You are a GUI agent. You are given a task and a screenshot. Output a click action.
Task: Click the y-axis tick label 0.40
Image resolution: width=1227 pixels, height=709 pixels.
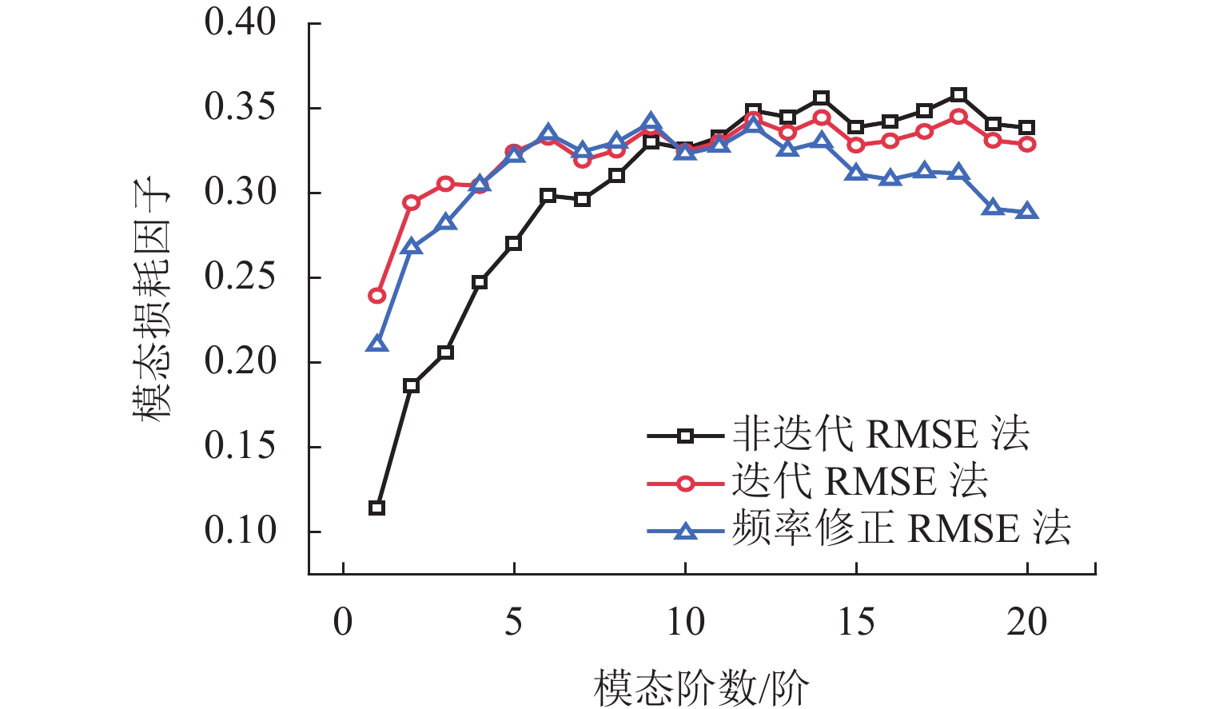[x=240, y=22]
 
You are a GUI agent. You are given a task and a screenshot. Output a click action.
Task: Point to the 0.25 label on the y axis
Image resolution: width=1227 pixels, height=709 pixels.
[x=240, y=277]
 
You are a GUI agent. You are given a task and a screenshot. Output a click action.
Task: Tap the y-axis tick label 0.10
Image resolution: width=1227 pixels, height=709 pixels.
[x=240, y=530]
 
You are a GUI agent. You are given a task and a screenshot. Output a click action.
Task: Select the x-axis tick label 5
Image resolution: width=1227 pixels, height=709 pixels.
[x=513, y=622]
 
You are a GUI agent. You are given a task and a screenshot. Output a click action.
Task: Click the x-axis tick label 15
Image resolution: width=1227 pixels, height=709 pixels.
[x=856, y=622]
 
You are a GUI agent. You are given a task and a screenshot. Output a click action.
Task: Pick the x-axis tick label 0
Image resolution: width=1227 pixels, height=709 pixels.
[x=342, y=622]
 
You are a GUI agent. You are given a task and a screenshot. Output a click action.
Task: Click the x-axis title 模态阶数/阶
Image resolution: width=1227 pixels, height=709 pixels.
[x=701, y=687]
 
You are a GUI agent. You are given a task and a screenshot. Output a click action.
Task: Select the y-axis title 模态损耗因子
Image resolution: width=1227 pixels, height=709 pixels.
[x=151, y=299]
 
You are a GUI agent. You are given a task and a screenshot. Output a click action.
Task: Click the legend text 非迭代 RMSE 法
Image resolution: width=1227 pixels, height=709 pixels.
[x=881, y=435]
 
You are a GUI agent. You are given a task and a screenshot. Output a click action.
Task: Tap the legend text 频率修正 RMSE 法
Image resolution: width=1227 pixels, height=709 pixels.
[x=901, y=529]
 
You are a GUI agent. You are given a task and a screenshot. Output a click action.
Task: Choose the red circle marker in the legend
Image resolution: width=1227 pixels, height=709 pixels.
[x=685, y=483]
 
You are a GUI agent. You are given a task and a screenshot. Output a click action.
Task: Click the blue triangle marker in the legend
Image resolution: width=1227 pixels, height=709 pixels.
[x=685, y=530]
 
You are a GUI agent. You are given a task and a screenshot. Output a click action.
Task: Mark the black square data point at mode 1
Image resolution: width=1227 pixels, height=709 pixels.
[x=376, y=508]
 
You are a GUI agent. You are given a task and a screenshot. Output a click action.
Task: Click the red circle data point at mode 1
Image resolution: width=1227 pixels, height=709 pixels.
[x=376, y=296]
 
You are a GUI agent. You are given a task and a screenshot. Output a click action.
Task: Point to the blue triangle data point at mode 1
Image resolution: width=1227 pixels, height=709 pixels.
[x=376, y=345]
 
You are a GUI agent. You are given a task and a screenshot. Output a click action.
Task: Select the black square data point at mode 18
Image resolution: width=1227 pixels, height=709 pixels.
[x=958, y=95]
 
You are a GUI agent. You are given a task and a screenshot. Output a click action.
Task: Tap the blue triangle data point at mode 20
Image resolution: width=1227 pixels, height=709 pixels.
[x=1027, y=212]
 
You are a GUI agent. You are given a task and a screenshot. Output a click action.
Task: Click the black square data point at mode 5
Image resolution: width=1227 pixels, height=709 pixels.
[x=513, y=243]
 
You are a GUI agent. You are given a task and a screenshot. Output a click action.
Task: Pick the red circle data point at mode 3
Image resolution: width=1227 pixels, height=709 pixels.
[x=445, y=184]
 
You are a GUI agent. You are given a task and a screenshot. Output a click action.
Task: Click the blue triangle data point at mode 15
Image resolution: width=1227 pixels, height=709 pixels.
[x=856, y=173]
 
